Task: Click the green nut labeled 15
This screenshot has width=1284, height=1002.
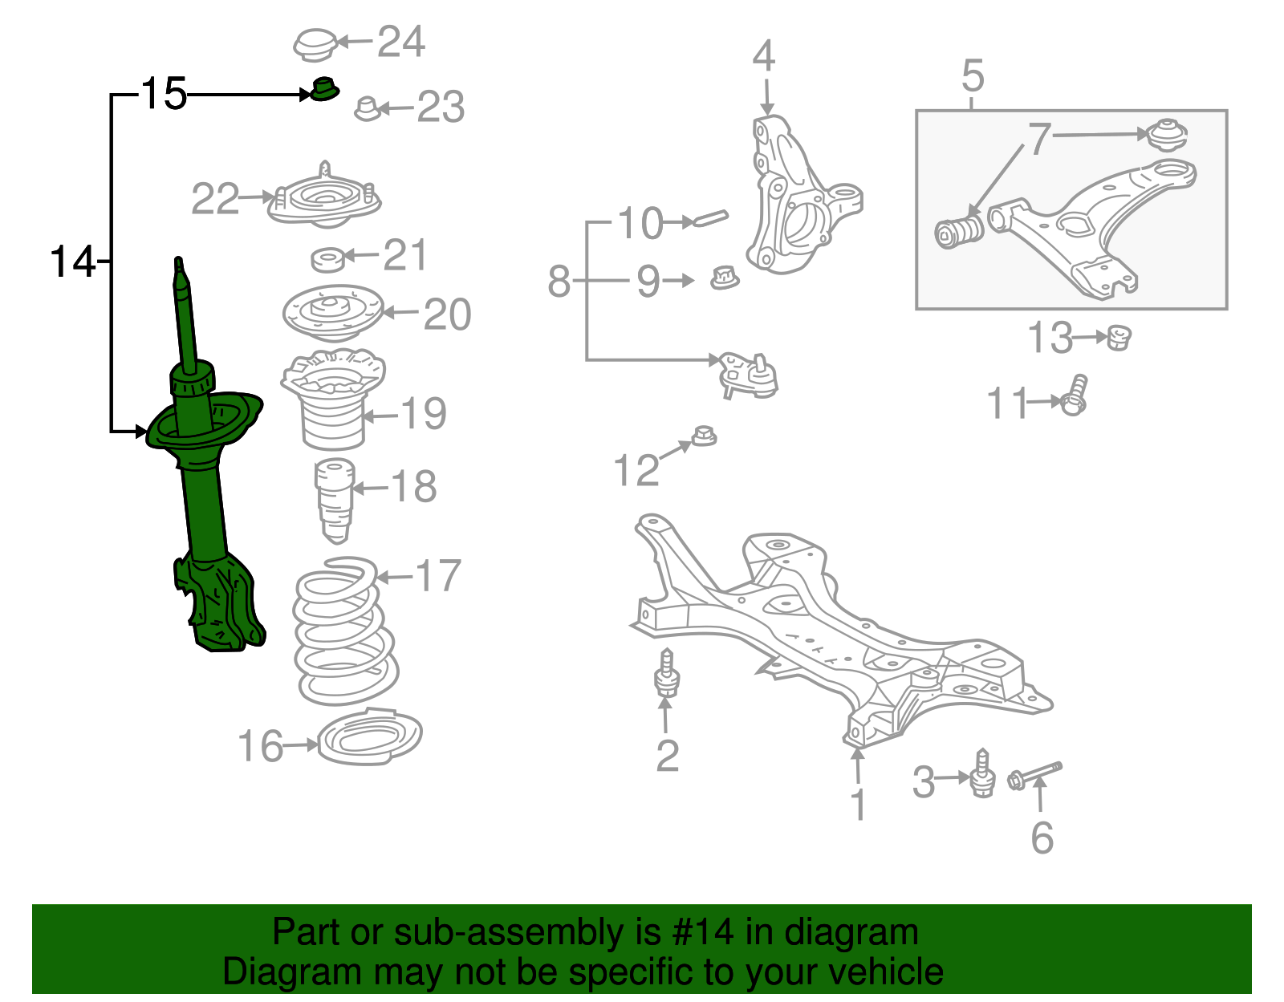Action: [324, 89]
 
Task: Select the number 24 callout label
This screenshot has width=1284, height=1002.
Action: [400, 42]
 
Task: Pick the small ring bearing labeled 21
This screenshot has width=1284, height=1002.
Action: [327, 259]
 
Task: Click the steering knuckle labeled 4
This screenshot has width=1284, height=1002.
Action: [794, 201]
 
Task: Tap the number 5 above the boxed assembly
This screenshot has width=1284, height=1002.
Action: [972, 76]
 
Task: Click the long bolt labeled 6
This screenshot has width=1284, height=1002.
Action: [1035, 774]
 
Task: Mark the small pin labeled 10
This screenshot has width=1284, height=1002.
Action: [711, 218]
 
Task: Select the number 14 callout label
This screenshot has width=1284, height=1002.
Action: [72, 262]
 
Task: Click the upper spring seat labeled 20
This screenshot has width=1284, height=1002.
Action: [332, 313]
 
